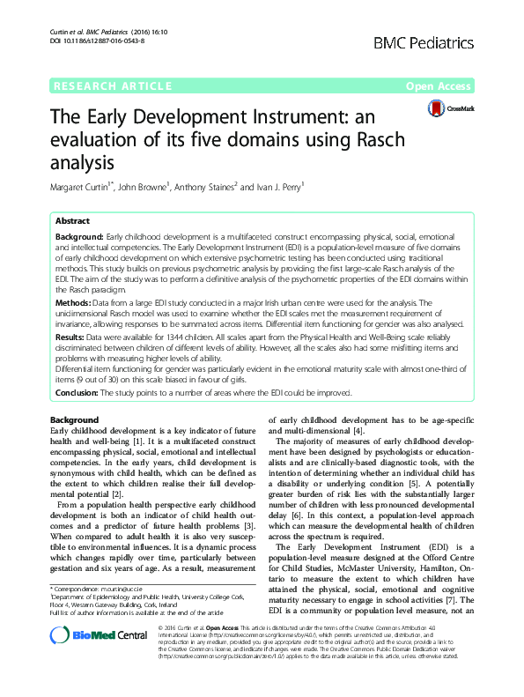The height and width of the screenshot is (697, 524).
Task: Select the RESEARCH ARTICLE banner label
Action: [x=112, y=85]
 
